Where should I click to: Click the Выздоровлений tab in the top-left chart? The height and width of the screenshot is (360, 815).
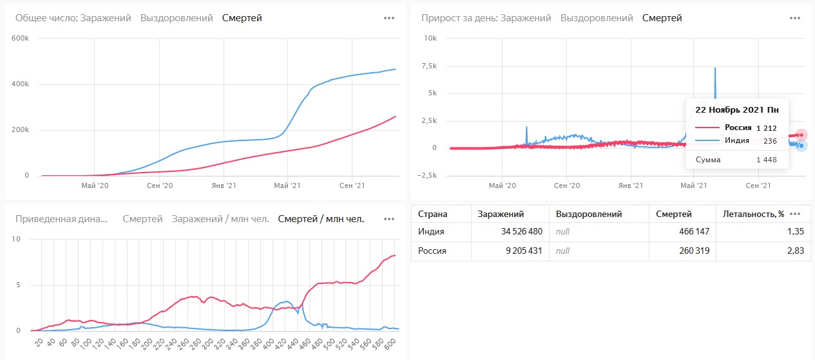pyautogui.click(x=177, y=18)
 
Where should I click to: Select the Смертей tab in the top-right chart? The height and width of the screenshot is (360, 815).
pyautogui.click(x=662, y=18)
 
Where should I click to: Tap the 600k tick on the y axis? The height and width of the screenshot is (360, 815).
pyautogui.click(x=21, y=39)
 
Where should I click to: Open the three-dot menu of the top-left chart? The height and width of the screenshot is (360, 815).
pyautogui.click(x=389, y=18)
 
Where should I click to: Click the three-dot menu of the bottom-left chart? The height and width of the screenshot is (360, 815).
pyautogui.click(x=389, y=219)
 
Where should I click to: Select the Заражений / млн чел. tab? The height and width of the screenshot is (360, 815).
pyautogui.click(x=220, y=219)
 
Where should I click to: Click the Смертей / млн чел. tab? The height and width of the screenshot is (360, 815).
pyautogui.click(x=321, y=219)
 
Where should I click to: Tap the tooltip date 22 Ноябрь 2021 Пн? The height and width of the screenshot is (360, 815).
pyautogui.click(x=736, y=110)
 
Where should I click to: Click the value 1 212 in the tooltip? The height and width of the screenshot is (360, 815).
pyautogui.click(x=767, y=128)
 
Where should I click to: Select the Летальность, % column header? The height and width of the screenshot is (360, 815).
pyautogui.click(x=753, y=214)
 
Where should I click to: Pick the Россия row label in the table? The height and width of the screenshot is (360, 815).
pyautogui.click(x=432, y=251)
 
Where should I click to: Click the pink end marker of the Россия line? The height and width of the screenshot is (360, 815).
pyautogui.click(x=801, y=135)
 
